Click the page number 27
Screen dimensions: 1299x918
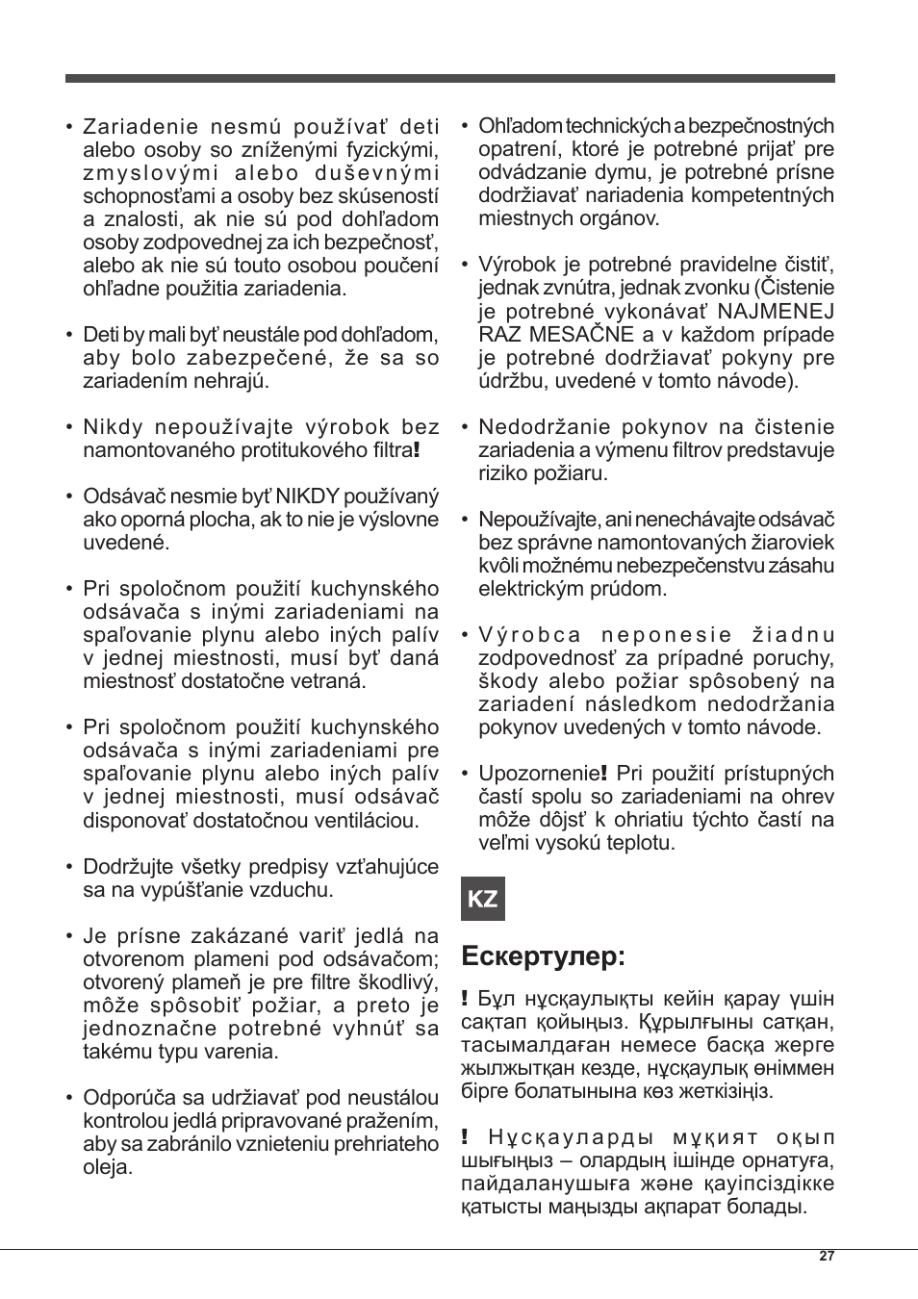tap(827, 1256)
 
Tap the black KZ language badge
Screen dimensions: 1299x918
tap(483, 899)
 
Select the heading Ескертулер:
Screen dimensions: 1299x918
tap(544, 956)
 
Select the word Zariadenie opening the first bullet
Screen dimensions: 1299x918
tap(140, 127)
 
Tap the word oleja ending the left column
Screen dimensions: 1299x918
tap(106, 1167)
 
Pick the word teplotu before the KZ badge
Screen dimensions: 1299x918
tap(640, 843)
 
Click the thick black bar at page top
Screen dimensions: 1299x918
tap(449, 78)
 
